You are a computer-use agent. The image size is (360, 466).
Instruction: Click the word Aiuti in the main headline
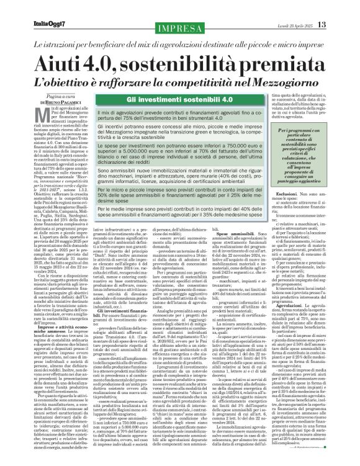tap(60, 64)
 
